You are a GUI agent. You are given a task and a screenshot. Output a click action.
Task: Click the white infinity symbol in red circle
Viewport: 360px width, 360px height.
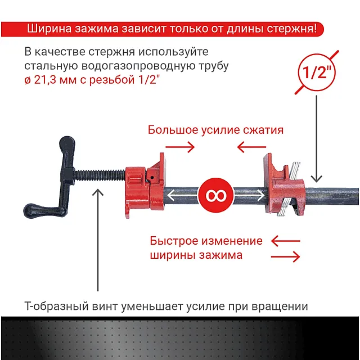pos(215,195)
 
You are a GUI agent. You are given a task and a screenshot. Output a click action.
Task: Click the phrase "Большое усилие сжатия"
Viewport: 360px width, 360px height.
pos(215,130)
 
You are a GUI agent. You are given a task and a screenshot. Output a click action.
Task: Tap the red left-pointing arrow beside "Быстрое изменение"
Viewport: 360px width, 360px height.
pos(285,241)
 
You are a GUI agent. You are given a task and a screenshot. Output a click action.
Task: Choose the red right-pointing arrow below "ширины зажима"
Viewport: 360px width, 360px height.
pos(285,256)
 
